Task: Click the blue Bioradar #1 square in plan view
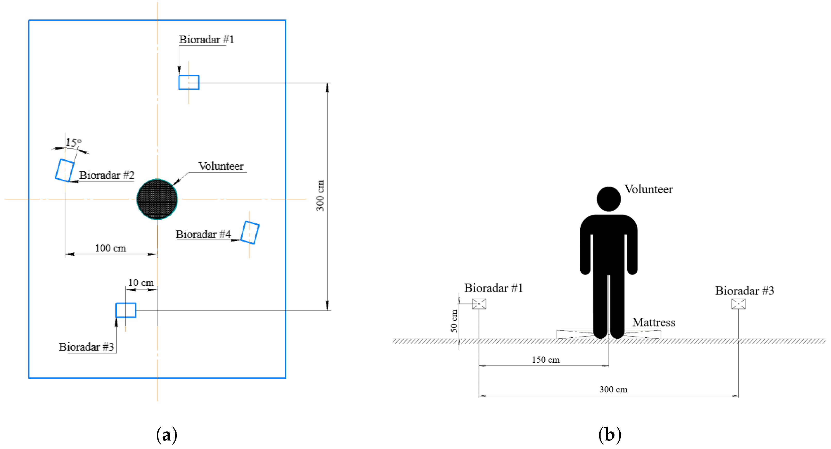click(x=189, y=82)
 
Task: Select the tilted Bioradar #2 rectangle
click(x=64, y=170)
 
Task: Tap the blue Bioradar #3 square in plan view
click(x=126, y=310)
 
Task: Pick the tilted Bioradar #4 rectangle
click(x=250, y=232)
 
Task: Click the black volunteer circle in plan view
click(x=157, y=199)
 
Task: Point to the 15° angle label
click(x=73, y=142)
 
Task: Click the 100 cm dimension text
click(x=110, y=248)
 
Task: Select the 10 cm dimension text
click(x=141, y=282)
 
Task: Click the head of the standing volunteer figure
click(x=608, y=199)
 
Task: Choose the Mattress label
click(x=654, y=322)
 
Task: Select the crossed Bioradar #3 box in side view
click(x=738, y=304)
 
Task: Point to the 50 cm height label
click(x=454, y=321)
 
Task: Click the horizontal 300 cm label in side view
click(x=613, y=389)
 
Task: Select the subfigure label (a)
click(x=167, y=435)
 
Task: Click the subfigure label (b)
click(x=609, y=435)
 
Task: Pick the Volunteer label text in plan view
click(x=221, y=166)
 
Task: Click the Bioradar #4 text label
click(x=203, y=234)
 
